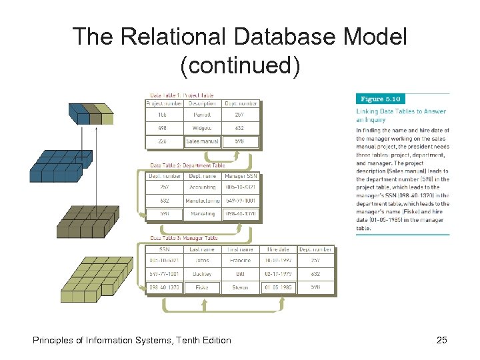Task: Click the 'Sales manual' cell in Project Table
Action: [x=201, y=142]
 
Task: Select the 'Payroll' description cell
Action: [x=201, y=115]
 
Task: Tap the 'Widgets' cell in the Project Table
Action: [x=201, y=129]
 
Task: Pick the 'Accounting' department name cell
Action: [x=202, y=188]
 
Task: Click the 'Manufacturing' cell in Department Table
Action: [x=202, y=200]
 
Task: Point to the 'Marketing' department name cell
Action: [x=202, y=213]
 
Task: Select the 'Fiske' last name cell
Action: [x=202, y=287]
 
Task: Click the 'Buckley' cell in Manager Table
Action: [x=202, y=274]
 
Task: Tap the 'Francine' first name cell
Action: [x=240, y=261]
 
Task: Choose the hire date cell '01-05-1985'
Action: [x=278, y=287]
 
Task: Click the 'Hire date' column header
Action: [x=278, y=249]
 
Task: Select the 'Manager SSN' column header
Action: [x=240, y=176]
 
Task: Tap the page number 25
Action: [x=441, y=341]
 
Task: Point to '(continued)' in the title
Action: [x=240, y=65]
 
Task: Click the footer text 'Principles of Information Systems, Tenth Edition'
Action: [x=132, y=341]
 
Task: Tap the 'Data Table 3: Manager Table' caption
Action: [x=184, y=238]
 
